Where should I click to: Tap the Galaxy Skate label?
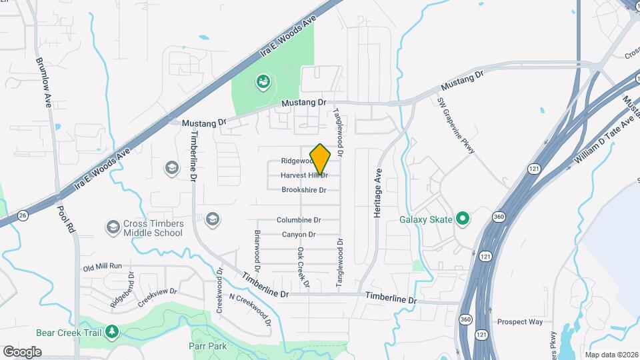425,219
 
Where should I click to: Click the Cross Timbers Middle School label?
153,229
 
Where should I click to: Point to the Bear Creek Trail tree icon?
113,331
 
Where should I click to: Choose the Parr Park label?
207,346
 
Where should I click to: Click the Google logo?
22,351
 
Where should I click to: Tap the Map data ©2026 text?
611,354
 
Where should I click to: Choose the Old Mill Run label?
103,267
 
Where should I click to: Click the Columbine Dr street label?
299,219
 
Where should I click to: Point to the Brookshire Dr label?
303,190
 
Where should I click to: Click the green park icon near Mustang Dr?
263,82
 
